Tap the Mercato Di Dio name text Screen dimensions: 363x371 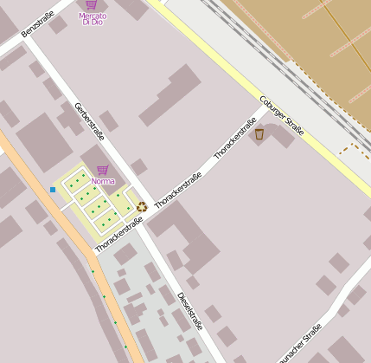click(93, 19)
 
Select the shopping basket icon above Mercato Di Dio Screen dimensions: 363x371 click(92, 5)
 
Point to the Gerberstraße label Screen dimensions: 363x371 click(89, 121)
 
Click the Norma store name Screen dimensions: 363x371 click(102, 181)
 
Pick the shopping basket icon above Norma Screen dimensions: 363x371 click(102, 170)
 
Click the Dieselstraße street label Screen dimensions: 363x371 click(189, 311)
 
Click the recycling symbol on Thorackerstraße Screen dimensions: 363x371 click(141, 207)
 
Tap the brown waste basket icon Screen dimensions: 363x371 click(259, 133)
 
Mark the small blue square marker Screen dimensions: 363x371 click(53, 189)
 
